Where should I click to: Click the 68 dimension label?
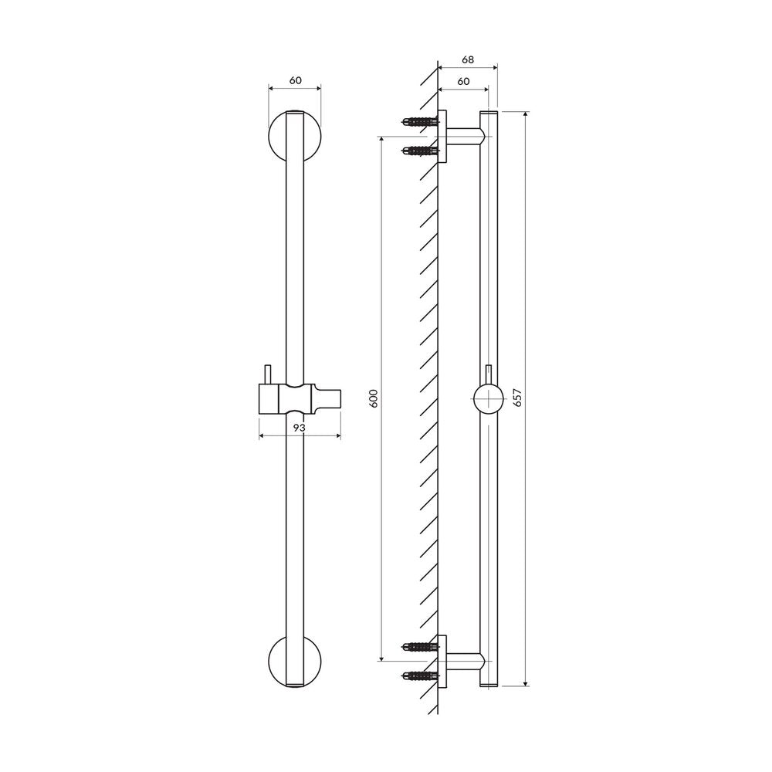coord(468,59)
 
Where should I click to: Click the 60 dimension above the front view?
coord(295,80)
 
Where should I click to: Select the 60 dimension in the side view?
coord(463,81)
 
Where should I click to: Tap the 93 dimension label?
coord(300,428)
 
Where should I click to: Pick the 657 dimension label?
coord(517,398)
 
